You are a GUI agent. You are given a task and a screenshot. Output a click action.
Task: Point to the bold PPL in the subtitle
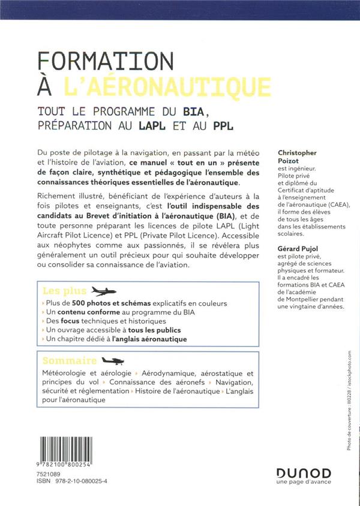pyautogui.click(x=223, y=126)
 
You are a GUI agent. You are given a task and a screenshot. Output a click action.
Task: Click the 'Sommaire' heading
pyautogui.click(x=70, y=360)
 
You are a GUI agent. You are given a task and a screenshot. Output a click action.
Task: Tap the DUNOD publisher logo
pyautogui.click(x=304, y=473)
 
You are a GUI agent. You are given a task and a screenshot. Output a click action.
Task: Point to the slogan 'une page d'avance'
pyautogui.click(x=304, y=484)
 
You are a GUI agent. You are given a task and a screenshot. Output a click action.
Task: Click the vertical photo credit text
pyautogui.click(x=349, y=407)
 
